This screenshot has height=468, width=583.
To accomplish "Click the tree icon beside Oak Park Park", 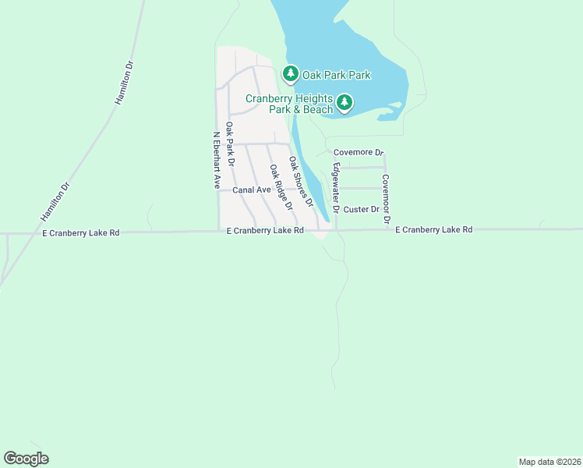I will [x=291, y=74].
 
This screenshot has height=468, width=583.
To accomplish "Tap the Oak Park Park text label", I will [x=336, y=75].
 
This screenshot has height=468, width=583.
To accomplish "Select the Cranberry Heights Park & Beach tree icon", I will [x=344, y=102].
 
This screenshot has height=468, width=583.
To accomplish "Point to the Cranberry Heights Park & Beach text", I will [x=289, y=104].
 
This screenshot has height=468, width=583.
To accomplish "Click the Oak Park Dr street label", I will [x=230, y=144].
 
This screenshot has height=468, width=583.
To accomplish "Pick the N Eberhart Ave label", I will [x=217, y=159].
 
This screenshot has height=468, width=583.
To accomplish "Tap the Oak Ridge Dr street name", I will [x=281, y=187].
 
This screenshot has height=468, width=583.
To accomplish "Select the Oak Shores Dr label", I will [x=301, y=181].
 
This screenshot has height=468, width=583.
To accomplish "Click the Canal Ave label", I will [x=252, y=190].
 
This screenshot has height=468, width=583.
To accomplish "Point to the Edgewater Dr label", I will [x=335, y=188].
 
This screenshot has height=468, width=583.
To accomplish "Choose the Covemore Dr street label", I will [x=359, y=153].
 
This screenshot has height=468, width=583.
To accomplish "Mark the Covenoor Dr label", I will [x=386, y=199].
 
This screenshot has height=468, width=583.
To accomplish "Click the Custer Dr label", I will [x=361, y=209].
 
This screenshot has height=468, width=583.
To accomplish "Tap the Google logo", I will [x=26, y=459].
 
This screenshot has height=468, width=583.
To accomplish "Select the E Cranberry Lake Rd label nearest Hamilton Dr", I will [x=81, y=232].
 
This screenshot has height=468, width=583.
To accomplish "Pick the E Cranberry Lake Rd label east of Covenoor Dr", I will [x=433, y=230].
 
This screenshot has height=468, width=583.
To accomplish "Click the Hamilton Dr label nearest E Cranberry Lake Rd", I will [x=55, y=201].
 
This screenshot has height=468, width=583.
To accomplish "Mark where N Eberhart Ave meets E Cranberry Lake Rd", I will [x=218, y=231].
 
